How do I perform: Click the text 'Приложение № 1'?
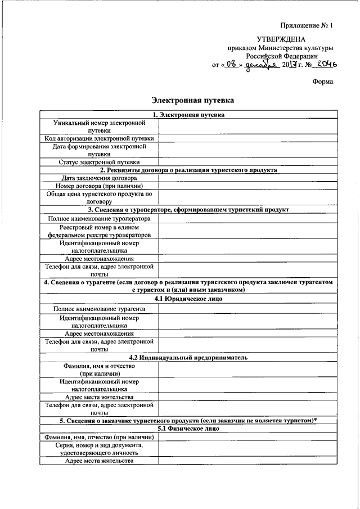[307, 25]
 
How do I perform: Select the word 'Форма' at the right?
[323, 82]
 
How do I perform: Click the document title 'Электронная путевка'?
[192, 100]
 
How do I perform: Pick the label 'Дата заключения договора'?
[99, 178]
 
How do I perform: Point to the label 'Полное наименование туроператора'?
[99, 218]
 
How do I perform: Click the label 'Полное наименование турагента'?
[99, 309]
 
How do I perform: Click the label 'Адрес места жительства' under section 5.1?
[99, 461]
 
